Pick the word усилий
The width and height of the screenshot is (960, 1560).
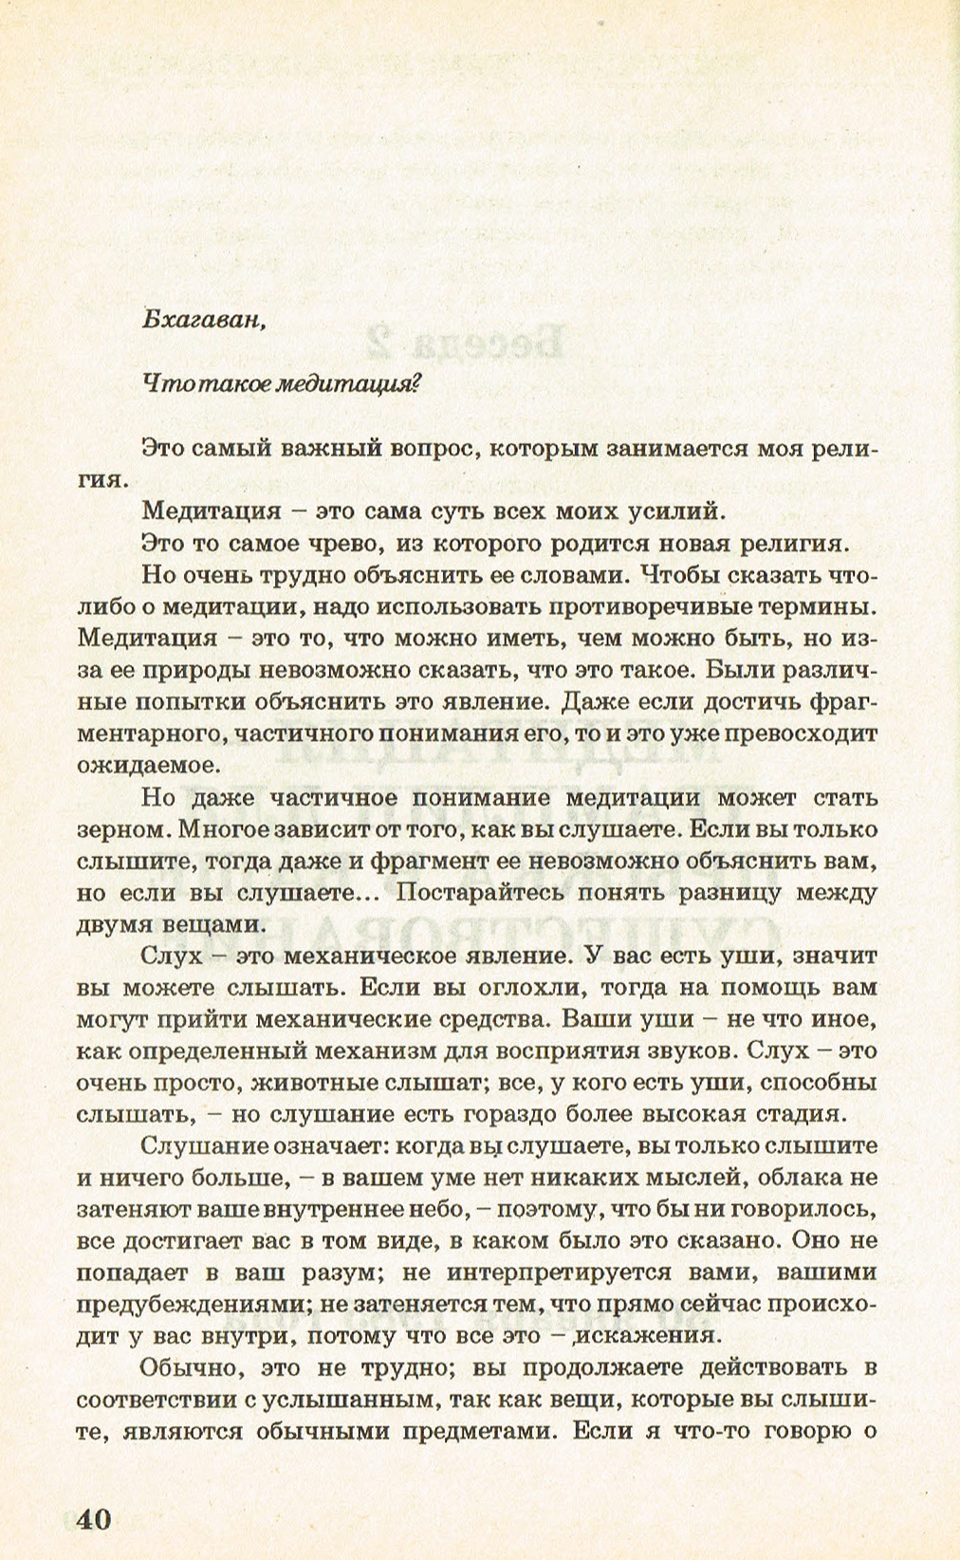point(676,511)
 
